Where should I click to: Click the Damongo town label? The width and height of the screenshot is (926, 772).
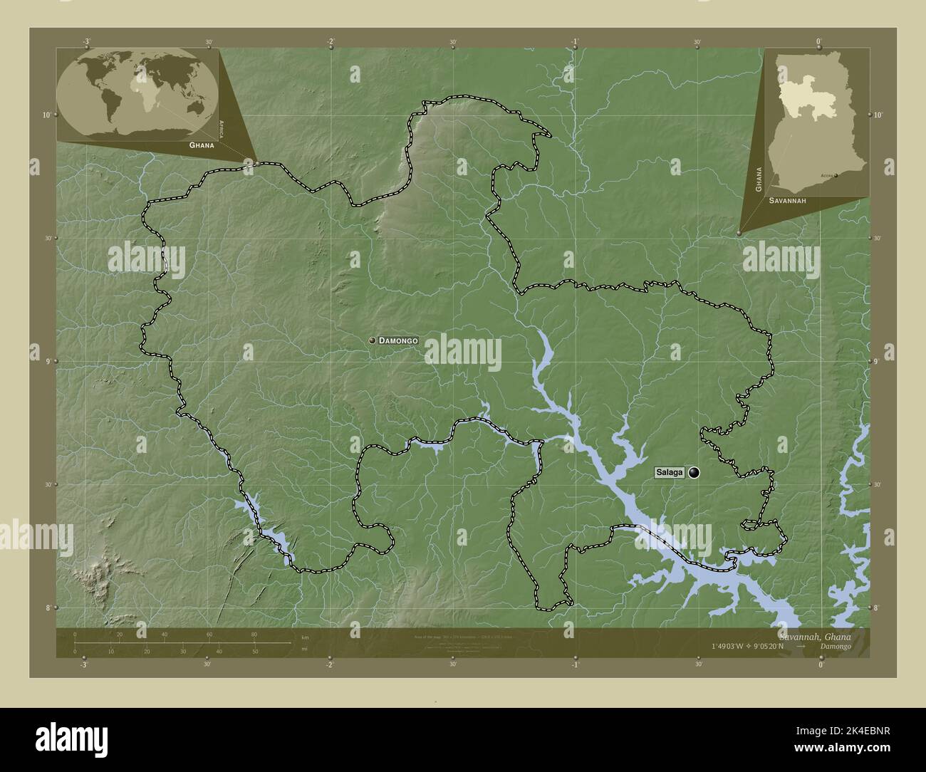398,341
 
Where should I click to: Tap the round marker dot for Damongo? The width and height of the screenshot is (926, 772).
372,341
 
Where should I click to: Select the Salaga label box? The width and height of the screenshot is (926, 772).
669,472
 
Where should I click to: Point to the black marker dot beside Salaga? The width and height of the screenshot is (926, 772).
694,472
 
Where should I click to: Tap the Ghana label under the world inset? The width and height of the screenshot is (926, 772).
201,145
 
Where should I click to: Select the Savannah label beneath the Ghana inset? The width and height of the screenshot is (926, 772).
787,202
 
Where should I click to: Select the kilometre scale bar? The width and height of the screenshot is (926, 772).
182,642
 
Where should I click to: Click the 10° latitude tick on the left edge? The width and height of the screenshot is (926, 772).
46,115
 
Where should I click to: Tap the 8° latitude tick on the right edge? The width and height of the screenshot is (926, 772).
876,607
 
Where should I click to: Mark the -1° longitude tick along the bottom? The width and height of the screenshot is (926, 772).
575,664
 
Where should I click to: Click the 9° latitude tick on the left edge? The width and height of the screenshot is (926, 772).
46,362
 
